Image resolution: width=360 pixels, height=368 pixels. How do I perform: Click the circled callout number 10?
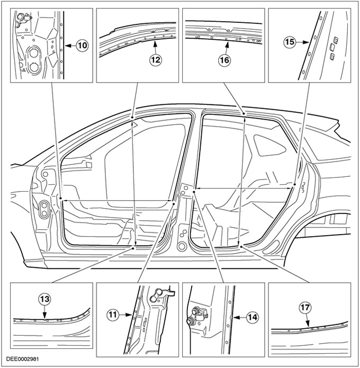(82, 46)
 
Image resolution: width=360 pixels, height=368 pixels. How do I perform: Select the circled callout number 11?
(113, 315)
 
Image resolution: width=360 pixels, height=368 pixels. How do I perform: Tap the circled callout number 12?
(156, 60)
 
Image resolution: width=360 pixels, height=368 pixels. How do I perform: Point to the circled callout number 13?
(44, 299)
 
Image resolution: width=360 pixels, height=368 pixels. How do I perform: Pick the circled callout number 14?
(253, 317)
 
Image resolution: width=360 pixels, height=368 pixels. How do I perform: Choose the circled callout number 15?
(290, 42)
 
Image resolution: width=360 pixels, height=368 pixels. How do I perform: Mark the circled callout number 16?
(224, 60)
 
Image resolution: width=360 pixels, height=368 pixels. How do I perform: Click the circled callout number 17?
(305, 308)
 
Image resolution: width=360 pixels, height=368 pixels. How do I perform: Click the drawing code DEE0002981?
(23, 359)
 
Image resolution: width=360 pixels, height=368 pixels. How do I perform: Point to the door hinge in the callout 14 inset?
(197, 316)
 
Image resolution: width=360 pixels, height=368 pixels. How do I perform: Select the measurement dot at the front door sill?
(133, 248)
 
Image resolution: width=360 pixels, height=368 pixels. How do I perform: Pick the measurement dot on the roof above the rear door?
(244, 114)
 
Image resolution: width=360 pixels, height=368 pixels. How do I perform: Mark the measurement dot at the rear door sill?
(241, 246)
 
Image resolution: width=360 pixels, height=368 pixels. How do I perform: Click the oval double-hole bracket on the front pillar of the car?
(44, 209)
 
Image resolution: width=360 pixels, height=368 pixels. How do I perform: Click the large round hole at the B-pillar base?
(182, 246)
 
